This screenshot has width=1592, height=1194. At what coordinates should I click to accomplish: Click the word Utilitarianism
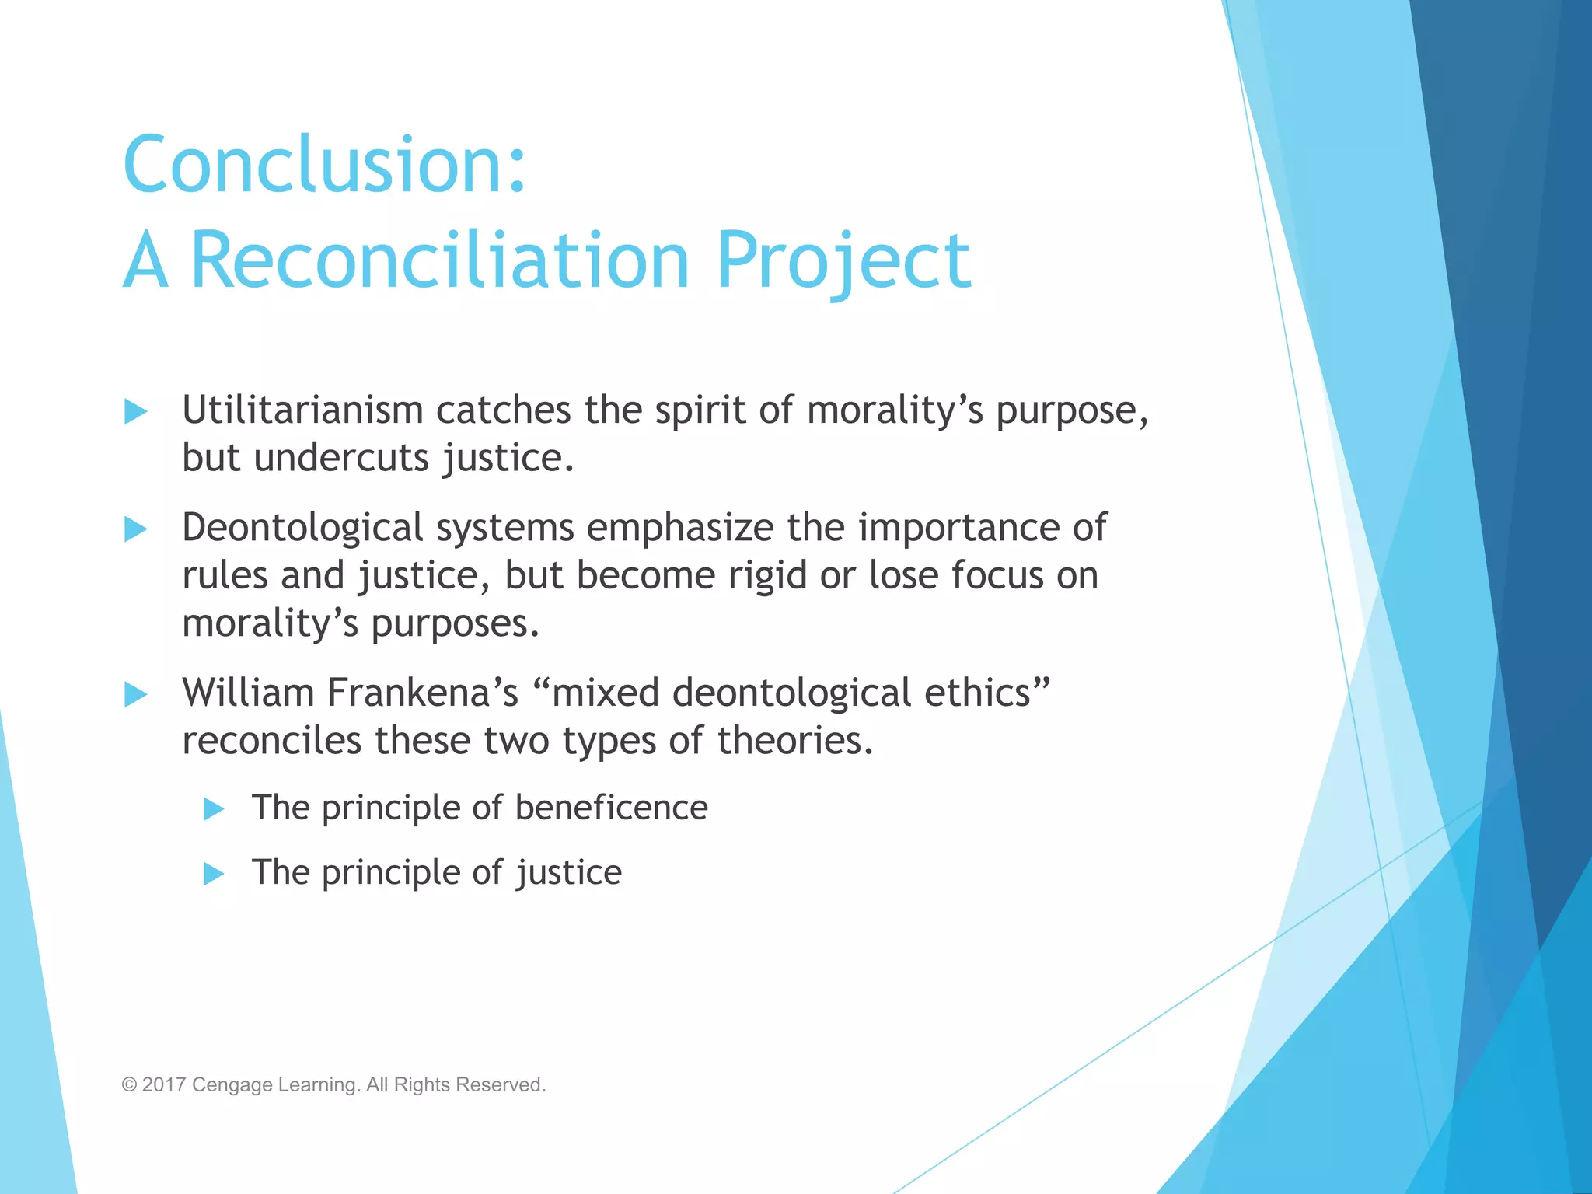[302, 410]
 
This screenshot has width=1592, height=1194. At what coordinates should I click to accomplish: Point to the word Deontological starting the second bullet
[302, 529]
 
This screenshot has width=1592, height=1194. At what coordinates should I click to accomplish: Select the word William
[248, 693]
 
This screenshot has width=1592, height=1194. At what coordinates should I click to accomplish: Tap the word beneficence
[611, 808]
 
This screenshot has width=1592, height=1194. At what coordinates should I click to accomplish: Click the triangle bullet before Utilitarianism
[135, 411]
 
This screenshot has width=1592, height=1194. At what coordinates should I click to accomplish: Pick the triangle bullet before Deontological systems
[135, 529]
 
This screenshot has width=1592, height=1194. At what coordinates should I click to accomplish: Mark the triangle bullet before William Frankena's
[135, 694]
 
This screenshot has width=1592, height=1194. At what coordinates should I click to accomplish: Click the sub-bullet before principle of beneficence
[214, 809]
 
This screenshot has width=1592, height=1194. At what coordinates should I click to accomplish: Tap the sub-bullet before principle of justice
[214, 874]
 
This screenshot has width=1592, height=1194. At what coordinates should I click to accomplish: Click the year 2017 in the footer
[164, 1084]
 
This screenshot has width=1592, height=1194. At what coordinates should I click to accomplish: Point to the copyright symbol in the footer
[129, 1085]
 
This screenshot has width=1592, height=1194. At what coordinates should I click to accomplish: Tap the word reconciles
[271, 741]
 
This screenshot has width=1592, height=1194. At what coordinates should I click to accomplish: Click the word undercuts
[341, 458]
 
